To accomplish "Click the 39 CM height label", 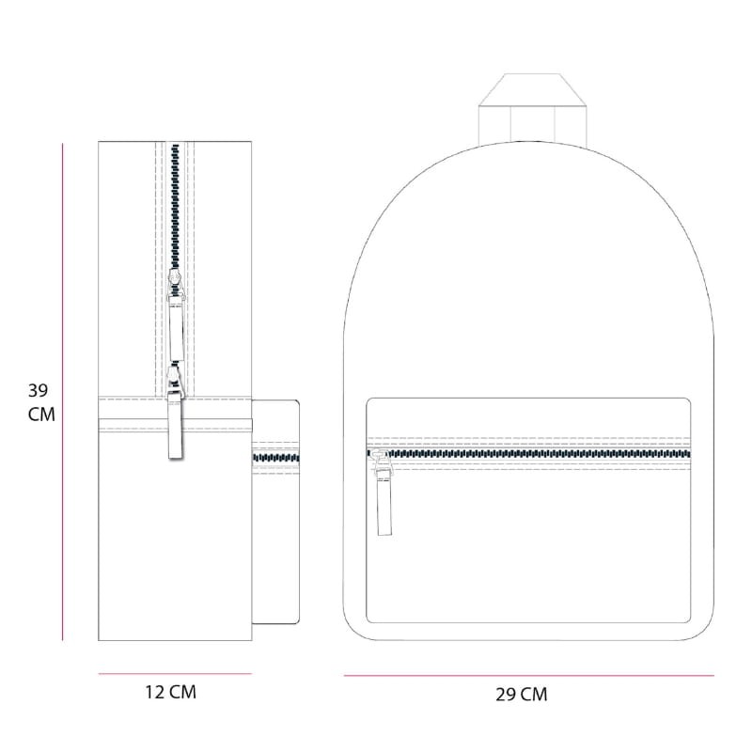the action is click(41, 402).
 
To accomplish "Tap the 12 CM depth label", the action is click(171, 692).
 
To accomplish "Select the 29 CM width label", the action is click(522, 695).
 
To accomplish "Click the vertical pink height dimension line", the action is click(62, 392).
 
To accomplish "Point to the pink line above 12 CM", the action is click(175, 674).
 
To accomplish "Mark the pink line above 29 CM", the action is click(528, 676).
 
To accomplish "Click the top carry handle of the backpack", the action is click(532, 109).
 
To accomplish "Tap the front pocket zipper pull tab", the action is click(384, 503).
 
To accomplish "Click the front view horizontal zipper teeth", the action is click(528, 454).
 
